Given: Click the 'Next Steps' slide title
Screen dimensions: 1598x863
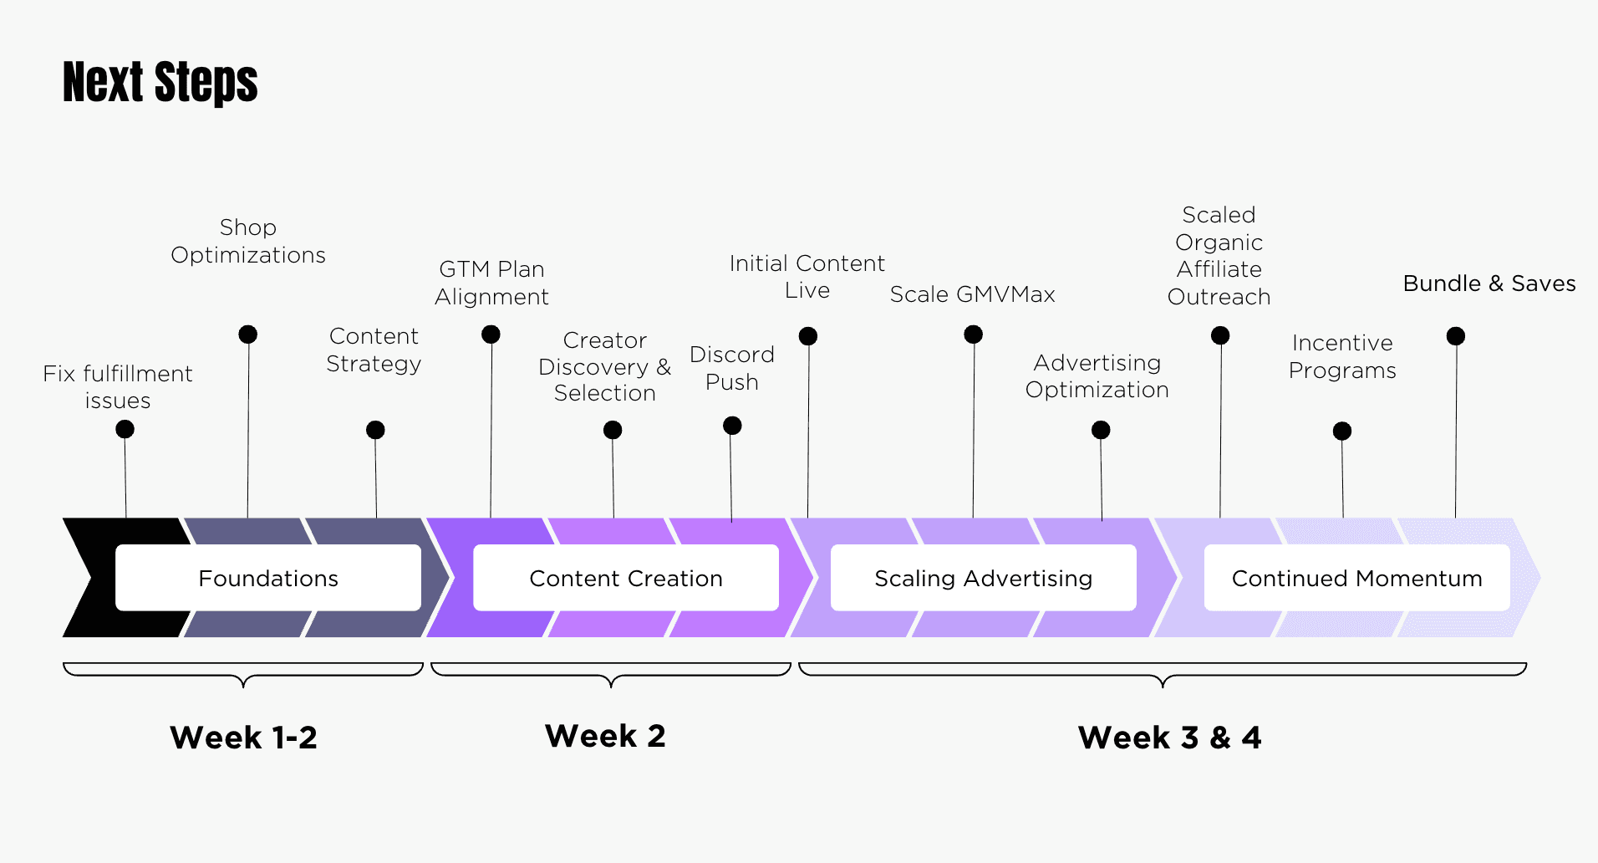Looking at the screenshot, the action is tap(160, 82).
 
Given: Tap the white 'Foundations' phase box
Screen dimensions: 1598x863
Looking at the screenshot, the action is tap(268, 578).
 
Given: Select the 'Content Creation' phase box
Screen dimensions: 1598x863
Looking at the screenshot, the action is tap(626, 578).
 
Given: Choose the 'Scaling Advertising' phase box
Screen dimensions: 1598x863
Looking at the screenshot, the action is tap(984, 578).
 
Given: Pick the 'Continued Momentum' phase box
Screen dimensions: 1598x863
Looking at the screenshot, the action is tap(1357, 578).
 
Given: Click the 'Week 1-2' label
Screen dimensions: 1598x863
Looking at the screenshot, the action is tap(243, 738).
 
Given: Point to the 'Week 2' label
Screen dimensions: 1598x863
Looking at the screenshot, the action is tap(605, 736).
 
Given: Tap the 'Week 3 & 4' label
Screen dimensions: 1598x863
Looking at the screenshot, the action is tap(1169, 738).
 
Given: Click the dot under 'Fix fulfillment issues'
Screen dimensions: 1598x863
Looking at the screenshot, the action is tap(125, 429).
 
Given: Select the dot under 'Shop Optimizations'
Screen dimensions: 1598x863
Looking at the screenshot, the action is tap(248, 334).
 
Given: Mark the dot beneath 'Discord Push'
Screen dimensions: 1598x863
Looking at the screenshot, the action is tap(732, 426).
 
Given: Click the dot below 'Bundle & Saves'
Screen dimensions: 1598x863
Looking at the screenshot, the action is tap(1456, 336).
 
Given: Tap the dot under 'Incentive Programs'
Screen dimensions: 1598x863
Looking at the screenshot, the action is tap(1342, 431).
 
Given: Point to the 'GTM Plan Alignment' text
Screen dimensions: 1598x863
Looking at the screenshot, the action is tap(491, 283).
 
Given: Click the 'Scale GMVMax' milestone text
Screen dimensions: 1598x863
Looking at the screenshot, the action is tap(973, 294).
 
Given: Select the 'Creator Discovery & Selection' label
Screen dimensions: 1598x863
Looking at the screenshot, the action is tap(605, 366).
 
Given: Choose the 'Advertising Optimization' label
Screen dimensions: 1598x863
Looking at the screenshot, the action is tap(1097, 376).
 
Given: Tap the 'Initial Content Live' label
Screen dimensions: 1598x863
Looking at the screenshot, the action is tap(807, 277).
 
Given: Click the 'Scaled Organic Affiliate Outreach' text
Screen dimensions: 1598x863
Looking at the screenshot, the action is tap(1219, 256).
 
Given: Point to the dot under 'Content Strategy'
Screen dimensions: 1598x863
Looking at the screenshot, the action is tap(375, 430).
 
